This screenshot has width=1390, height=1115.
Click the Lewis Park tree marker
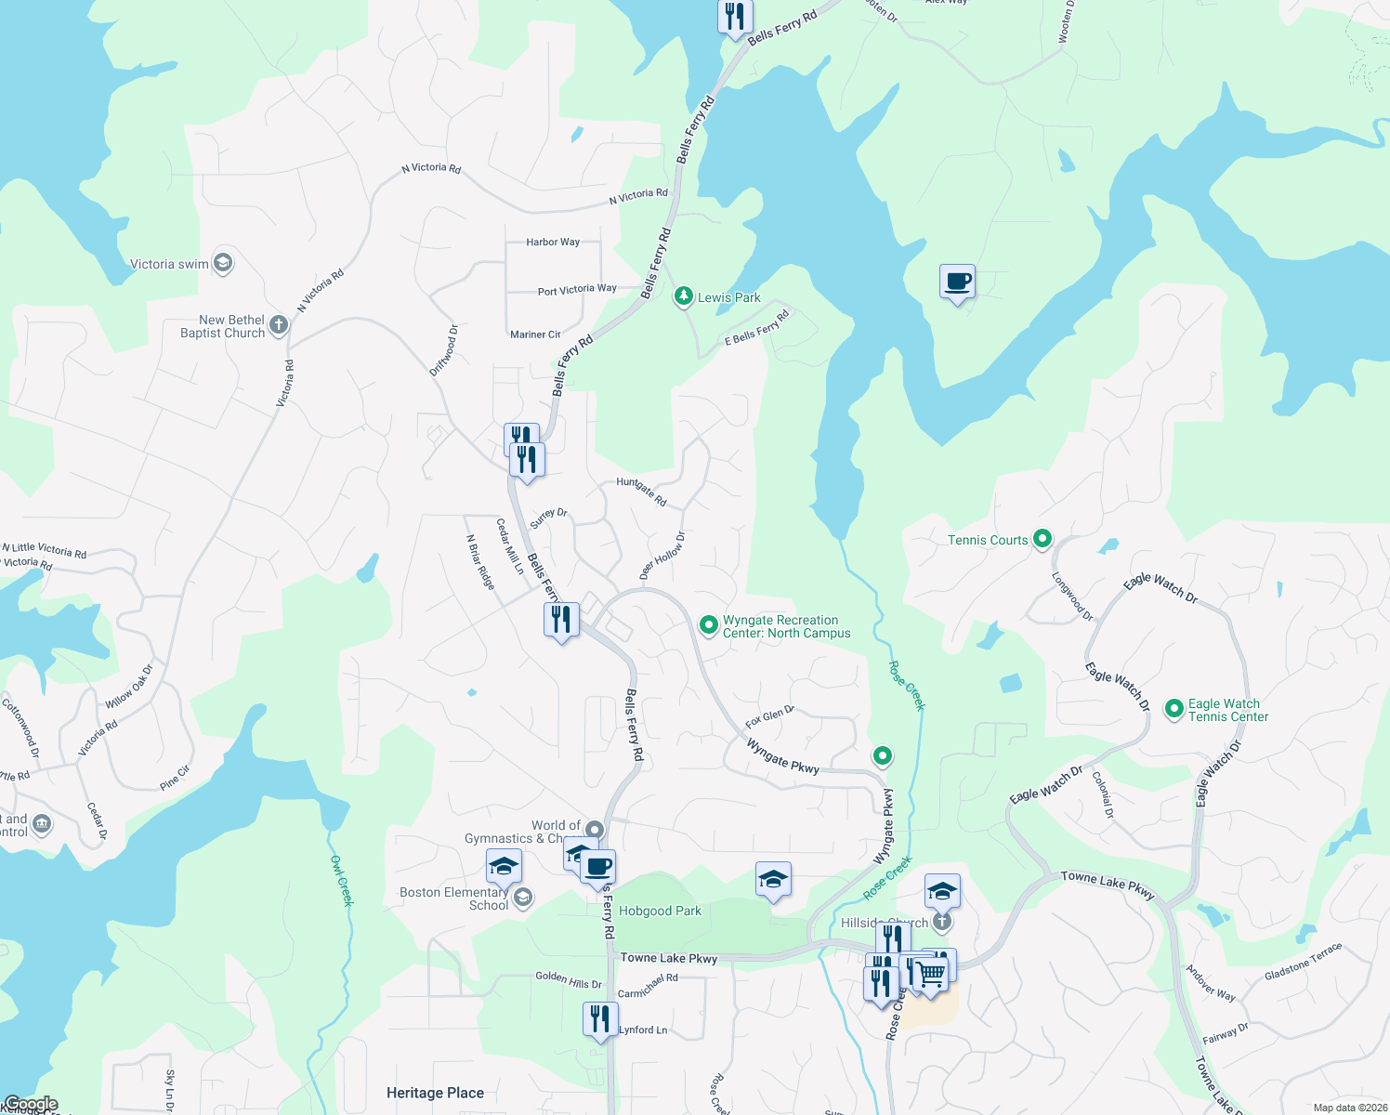684,296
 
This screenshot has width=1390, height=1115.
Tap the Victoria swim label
169,264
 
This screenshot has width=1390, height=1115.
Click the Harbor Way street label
553,242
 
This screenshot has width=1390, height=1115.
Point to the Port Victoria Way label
577,290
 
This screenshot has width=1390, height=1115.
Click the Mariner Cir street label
535,334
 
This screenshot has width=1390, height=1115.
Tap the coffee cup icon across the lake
957,281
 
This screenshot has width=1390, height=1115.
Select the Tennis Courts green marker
1042,538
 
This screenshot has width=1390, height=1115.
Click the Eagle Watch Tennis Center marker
1174,709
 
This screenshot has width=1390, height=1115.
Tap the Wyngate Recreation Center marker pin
708,624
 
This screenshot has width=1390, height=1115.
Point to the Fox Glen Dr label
769,716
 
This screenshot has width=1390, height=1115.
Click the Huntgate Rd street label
641,492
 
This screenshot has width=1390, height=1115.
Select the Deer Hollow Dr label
662,556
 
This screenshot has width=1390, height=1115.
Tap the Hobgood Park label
660,911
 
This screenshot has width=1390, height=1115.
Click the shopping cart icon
930,974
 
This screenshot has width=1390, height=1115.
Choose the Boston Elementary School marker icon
523,897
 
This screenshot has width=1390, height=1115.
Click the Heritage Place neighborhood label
435,1093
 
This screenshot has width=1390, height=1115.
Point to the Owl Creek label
342,880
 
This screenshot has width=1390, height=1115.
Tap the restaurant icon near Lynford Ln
600,1019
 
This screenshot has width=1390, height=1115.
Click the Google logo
31,1104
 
